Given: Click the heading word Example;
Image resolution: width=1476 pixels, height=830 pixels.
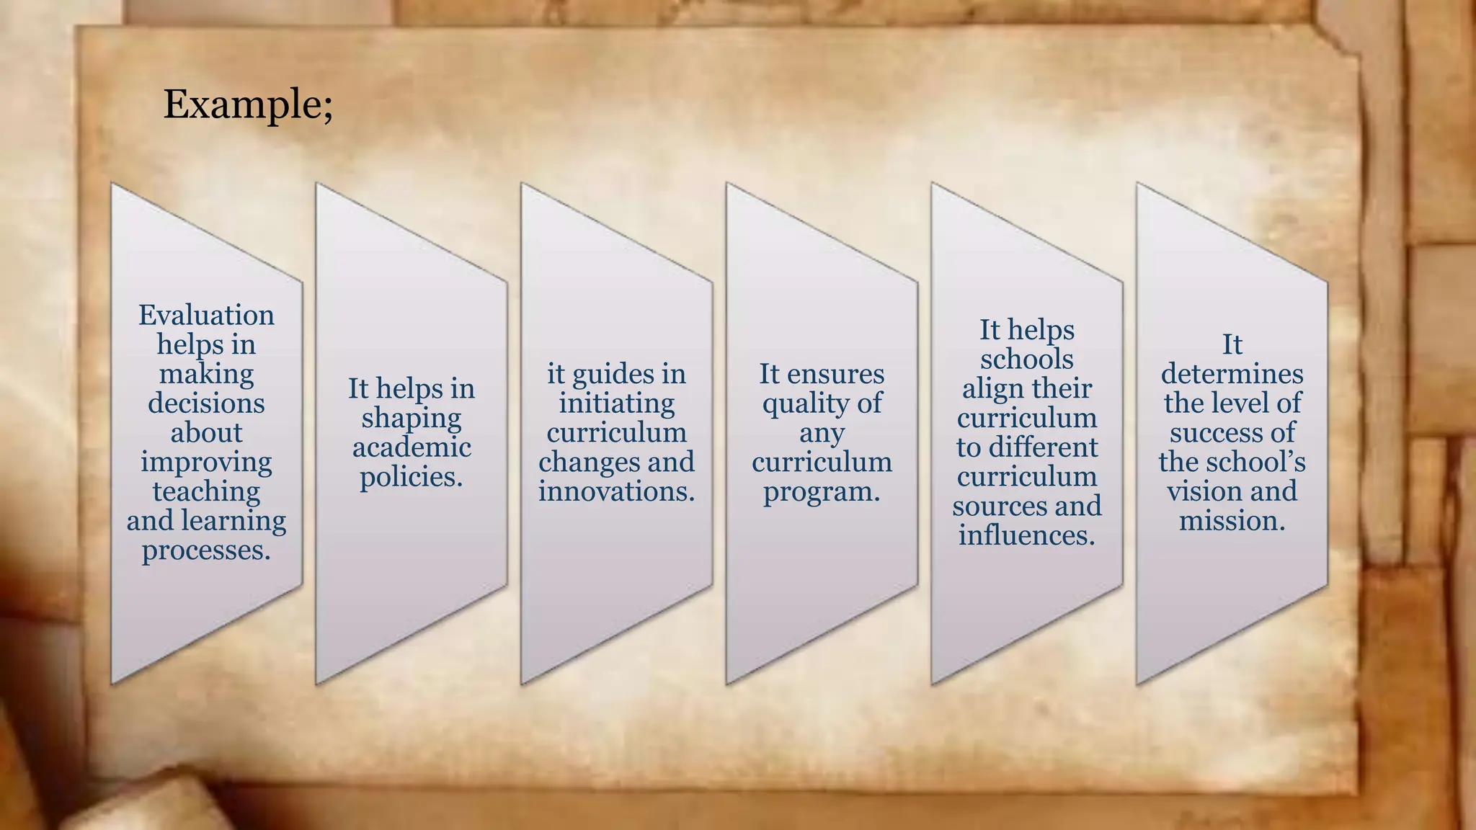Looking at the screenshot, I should pyautogui.click(x=248, y=105).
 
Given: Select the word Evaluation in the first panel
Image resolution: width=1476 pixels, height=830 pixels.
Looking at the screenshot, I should pyautogui.click(x=206, y=316).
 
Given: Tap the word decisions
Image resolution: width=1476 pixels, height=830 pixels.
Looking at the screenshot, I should pyautogui.click(x=206, y=403).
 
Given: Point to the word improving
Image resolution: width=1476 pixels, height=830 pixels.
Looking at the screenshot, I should pyautogui.click(x=206, y=463).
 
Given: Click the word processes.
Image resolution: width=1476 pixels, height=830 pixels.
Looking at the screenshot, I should pyautogui.click(x=206, y=550).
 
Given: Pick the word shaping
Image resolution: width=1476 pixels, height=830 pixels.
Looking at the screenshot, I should pyautogui.click(x=412, y=419).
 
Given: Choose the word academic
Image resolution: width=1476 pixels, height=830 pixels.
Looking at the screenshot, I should pyautogui.click(x=412, y=447).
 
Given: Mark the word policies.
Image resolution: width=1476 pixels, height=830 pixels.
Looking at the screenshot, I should pyautogui.click(x=412, y=477).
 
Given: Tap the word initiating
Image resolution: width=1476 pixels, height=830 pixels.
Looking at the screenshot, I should pyautogui.click(x=617, y=403).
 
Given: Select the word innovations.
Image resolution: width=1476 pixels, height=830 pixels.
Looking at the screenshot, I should pyautogui.click(x=617, y=491).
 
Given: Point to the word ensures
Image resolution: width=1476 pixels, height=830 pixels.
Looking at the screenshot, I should pyautogui.click(x=835, y=374).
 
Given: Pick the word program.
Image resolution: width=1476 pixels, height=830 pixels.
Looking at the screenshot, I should pyautogui.click(x=822, y=492).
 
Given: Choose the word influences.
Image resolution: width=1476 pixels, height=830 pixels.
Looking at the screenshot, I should pyautogui.click(x=1026, y=535).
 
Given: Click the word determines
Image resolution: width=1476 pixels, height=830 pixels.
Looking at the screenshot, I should pyautogui.click(x=1232, y=374).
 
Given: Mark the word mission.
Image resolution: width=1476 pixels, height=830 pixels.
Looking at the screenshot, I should pyautogui.click(x=1232, y=521).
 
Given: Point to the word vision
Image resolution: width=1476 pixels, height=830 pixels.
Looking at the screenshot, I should pyautogui.click(x=1200, y=491).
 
